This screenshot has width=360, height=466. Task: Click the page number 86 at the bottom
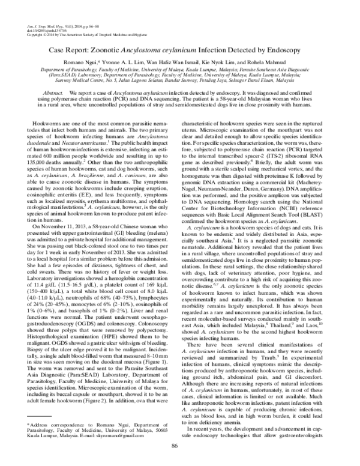(175, 445)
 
